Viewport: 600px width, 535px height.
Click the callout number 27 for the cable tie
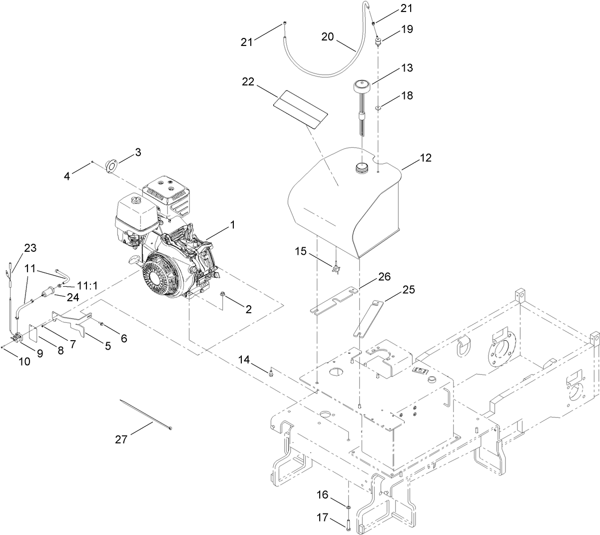click(121, 439)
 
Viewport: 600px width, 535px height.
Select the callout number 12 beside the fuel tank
click(425, 158)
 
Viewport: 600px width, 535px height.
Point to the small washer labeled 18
click(379, 107)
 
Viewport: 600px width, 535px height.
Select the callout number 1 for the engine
click(232, 225)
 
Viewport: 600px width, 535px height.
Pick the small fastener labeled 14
click(271, 372)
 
